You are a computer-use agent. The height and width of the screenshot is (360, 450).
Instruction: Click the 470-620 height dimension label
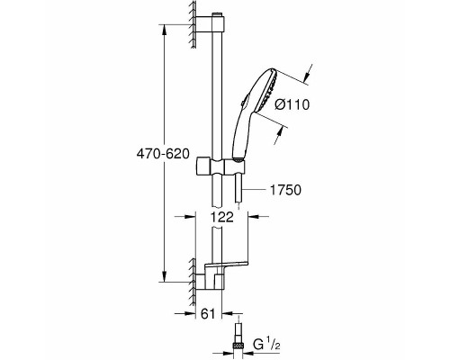click(x=163, y=154)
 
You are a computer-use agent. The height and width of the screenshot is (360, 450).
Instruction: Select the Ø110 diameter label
click(x=292, y=104)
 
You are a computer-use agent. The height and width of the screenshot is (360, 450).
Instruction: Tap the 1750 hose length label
click(x=285, y=190)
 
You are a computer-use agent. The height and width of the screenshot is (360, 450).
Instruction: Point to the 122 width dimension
click(x=221, y=217)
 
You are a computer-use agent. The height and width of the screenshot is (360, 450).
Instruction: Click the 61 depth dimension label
click(x=208, y=314)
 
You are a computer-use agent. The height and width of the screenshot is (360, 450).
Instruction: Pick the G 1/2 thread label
click(x=266, y=345)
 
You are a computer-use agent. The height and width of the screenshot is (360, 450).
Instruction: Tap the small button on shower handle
click(x=243, y=101)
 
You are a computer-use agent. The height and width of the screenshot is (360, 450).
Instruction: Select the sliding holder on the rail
click(x=220, y=166)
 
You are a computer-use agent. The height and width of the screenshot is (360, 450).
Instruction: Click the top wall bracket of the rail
click(x=210, y=24)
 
